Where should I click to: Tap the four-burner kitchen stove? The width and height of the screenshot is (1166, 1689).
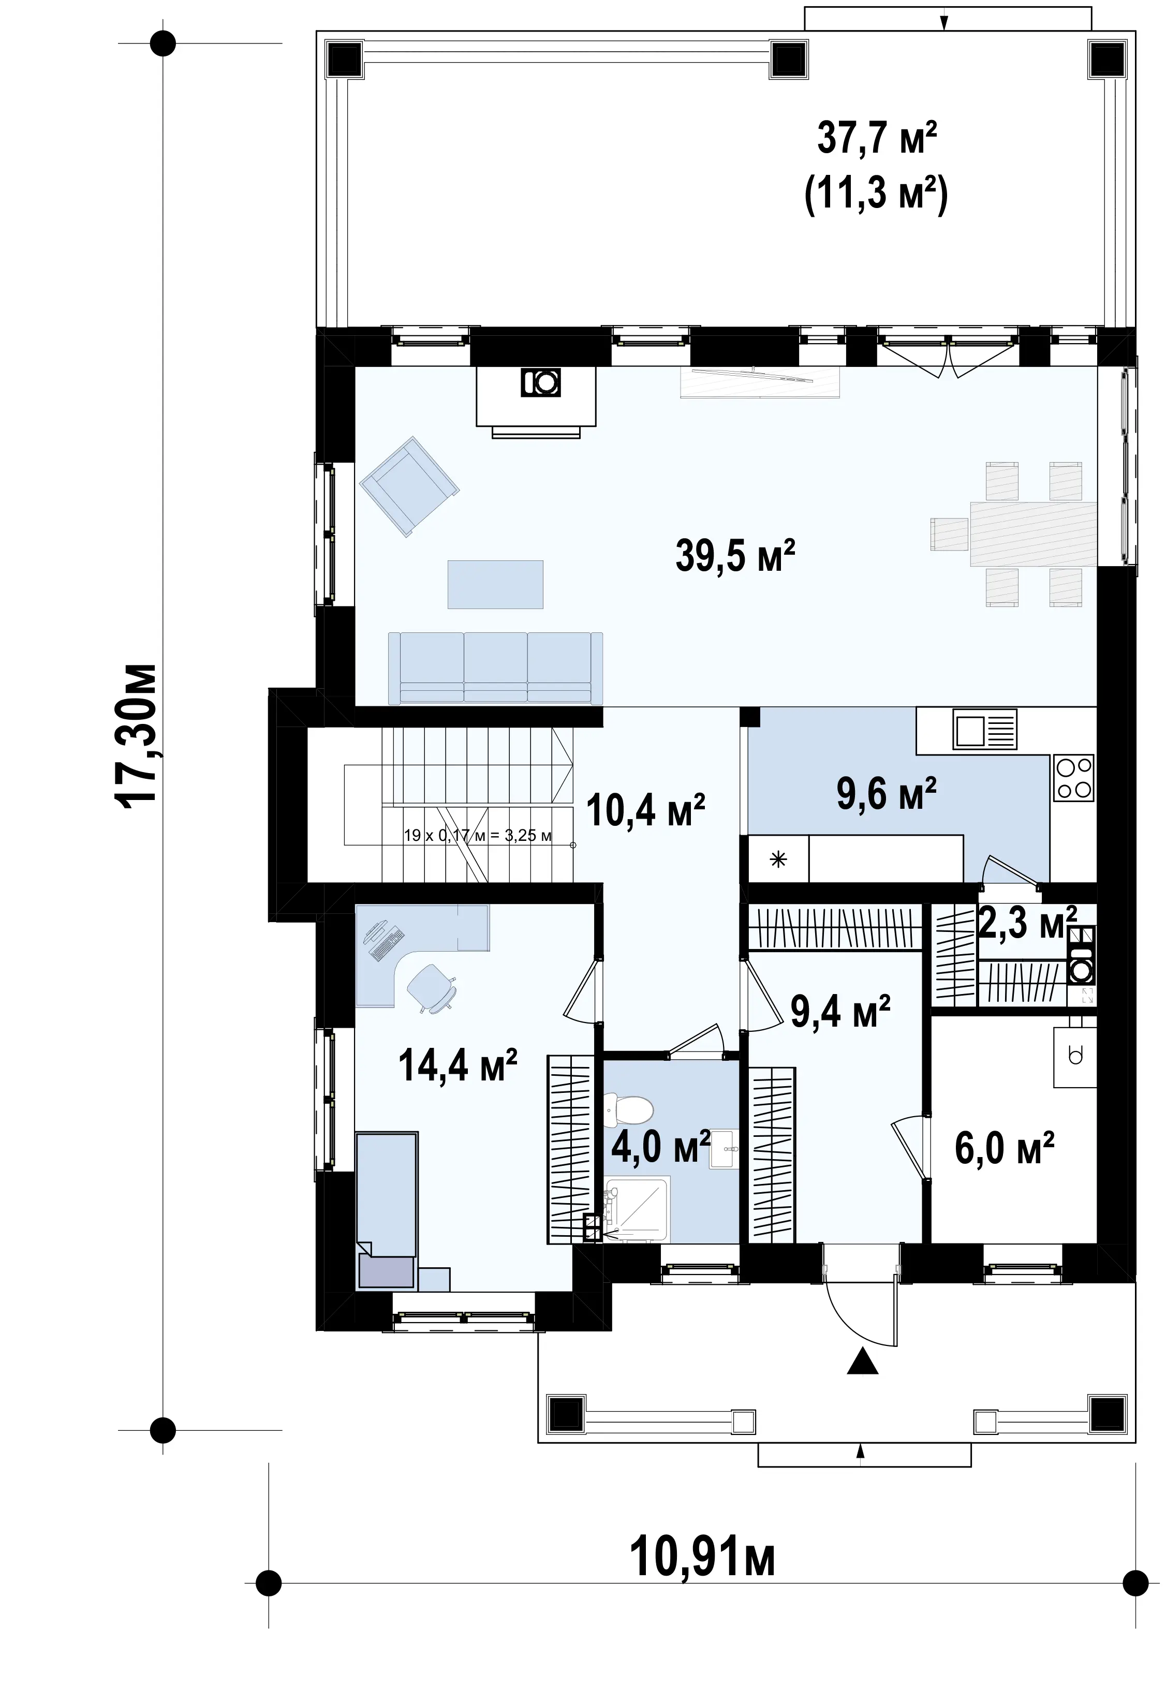click(1074, 778)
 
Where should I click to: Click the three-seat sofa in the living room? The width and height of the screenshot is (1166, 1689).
click(495, 669)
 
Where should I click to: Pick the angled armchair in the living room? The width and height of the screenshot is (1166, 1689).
click(409, 486)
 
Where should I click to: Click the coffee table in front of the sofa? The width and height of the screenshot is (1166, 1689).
click(495, 584)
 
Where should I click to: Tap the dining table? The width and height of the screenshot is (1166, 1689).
click(1033, 534)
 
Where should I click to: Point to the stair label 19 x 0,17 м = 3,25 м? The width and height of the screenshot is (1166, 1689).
click(478, 835)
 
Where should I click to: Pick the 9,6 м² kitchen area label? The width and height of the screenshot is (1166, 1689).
click(886, 794)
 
